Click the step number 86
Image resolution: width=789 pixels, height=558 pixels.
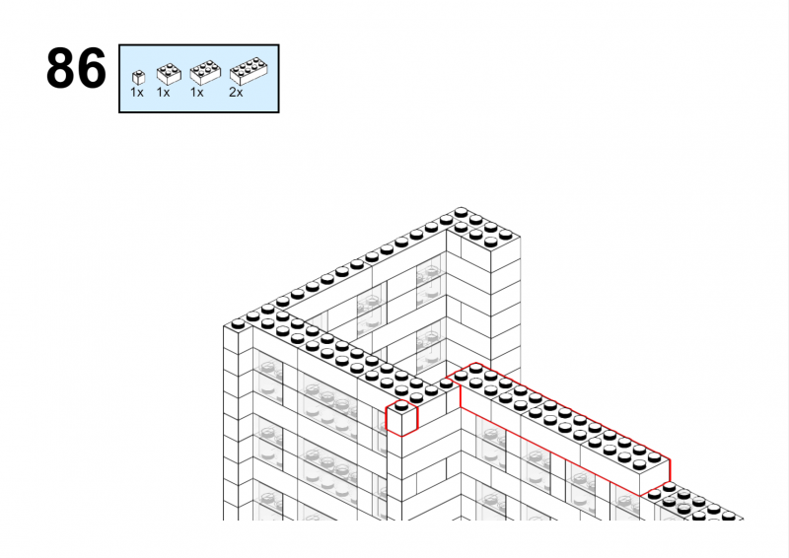tap(76, 68)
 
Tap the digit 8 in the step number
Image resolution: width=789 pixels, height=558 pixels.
tap(60, 68)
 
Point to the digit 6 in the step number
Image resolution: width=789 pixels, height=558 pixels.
tap(92, 68)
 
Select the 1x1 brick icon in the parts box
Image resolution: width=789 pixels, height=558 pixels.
tap(138, 78)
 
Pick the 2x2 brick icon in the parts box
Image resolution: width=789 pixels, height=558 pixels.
tap(169, 74)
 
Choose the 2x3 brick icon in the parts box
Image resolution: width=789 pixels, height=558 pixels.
tap(205, 72)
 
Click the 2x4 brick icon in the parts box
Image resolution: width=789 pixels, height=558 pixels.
tap(249, 71)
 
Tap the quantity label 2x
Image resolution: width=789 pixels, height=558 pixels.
tap(236, 92)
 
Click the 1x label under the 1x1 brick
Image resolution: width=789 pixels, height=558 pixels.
tap(137, 92)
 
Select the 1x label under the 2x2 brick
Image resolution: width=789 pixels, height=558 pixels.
tap(163, 92)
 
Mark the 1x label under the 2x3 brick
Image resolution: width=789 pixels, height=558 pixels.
tap(196, 92)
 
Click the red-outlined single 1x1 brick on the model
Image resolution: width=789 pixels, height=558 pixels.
tap(401, 418)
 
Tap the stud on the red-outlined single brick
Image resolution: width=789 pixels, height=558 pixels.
tap(401, 405)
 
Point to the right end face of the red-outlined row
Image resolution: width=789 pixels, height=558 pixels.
tap(655, 477)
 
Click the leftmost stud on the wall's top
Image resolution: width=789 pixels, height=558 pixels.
tap(238, 324)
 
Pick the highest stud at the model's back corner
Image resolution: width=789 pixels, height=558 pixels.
tap(461, 212)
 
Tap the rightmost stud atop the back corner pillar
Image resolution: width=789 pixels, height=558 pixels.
tap(506, 235)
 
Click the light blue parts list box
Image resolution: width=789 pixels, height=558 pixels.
tap(199, 79)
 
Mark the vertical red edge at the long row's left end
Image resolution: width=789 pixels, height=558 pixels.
tap(461, 392)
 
